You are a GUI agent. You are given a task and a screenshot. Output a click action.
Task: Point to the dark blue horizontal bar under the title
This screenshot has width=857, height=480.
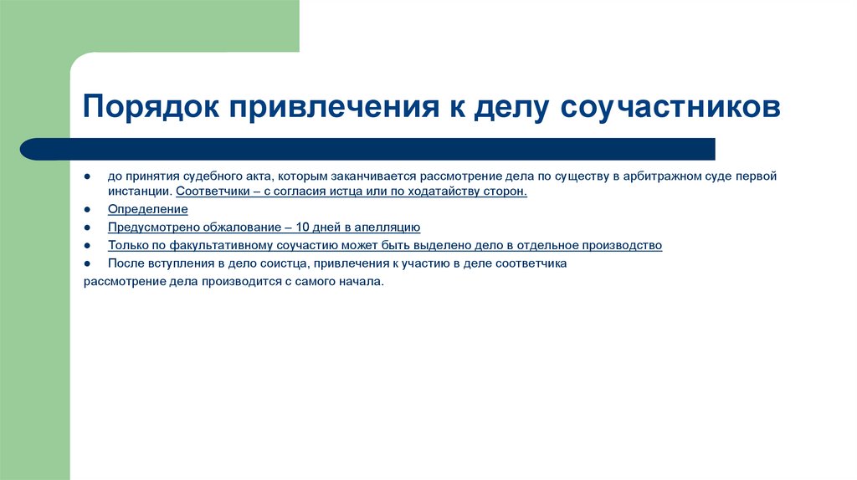[368, 149]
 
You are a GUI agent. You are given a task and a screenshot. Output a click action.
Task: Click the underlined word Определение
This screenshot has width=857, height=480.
[147, 209]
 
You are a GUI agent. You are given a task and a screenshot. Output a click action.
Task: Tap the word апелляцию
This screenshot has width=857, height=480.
[385, 227]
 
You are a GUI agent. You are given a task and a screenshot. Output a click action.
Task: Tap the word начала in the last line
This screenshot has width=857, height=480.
[359, 282]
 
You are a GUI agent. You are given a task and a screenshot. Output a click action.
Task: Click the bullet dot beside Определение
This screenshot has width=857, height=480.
[88, 210]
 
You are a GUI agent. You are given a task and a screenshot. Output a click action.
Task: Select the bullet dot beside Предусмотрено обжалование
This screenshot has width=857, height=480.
[88, 228]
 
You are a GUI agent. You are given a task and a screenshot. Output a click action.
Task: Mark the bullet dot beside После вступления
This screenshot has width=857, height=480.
[88, 264]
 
